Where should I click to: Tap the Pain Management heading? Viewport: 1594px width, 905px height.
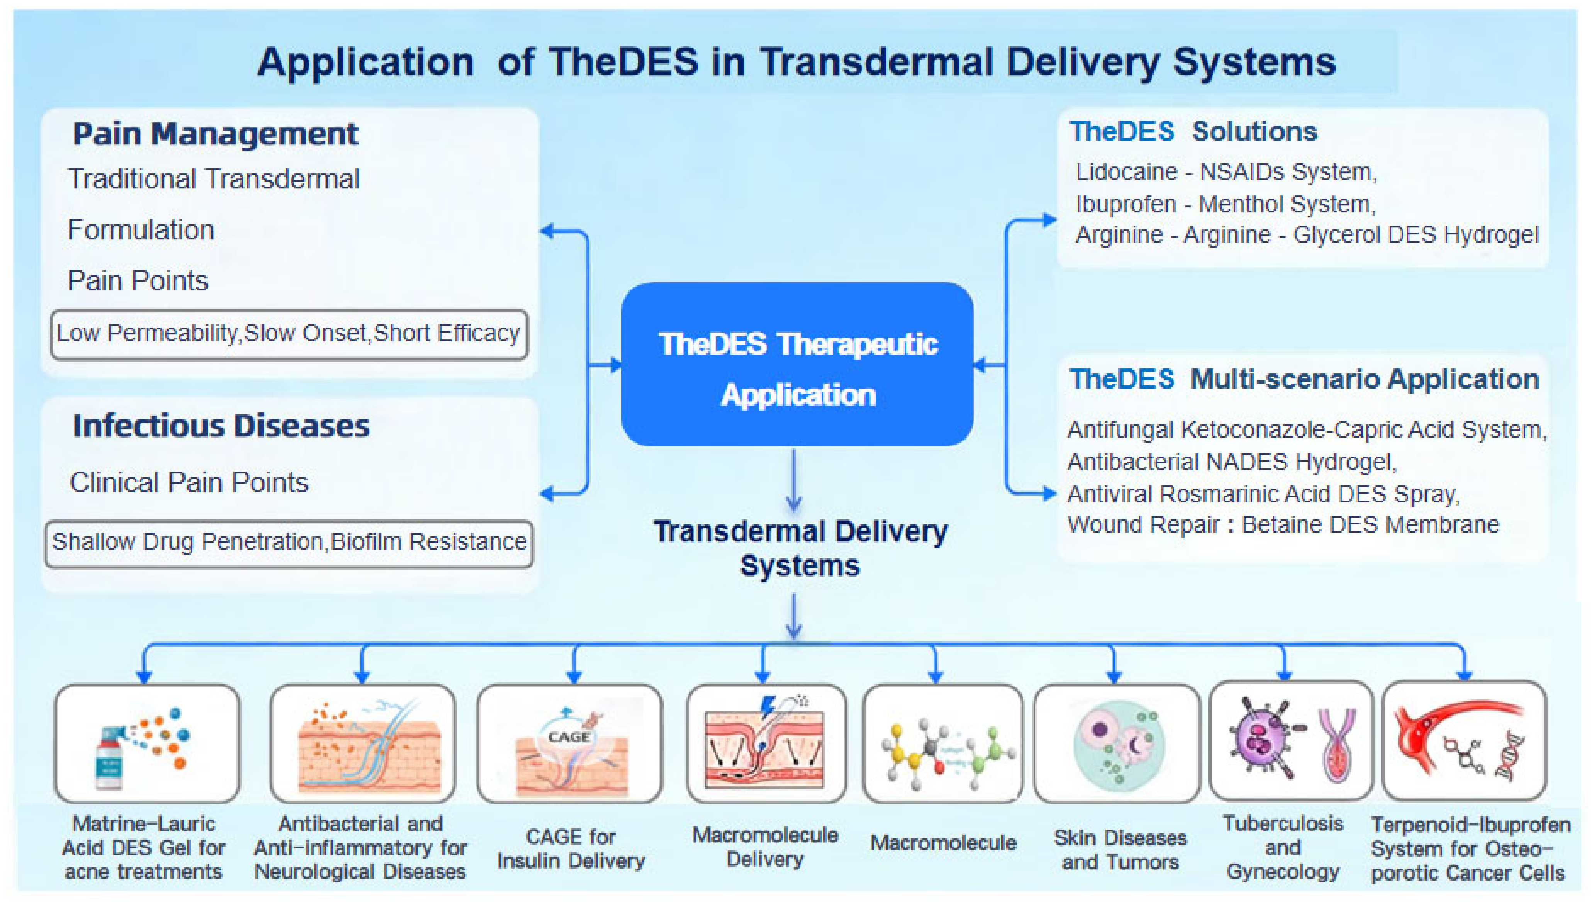pos(215,134)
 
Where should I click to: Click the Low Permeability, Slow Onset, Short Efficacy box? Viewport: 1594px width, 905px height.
pos(289,334)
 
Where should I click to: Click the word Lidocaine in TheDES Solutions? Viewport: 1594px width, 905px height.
pos(1126,172)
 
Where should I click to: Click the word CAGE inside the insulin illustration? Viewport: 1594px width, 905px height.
pos(568,737)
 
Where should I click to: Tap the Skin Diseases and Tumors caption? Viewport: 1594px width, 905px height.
pos(1120,850)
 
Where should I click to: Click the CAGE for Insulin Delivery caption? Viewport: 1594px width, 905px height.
pos(570,849)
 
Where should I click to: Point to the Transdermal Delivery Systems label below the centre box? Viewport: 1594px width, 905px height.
pos(800,548)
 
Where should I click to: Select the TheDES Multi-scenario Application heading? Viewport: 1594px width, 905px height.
pos(1304,379)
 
